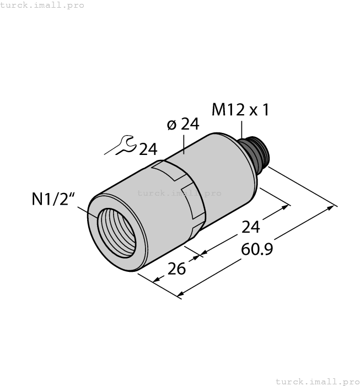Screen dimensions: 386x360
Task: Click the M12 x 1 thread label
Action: tap(240, 110)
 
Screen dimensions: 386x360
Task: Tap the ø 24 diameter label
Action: tap(182, 125)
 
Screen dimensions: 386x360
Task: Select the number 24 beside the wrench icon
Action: tap(147, 149)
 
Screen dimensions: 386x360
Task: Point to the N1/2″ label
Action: tap(53, 199)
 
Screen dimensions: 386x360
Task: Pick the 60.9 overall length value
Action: tap(258, 250)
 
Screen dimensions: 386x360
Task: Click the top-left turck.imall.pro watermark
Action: tap(42, 5)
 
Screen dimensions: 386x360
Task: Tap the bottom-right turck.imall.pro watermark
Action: tap(316, 381)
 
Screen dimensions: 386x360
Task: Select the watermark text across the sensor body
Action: tap(179, 193)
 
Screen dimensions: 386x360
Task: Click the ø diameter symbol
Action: tap(171, 125)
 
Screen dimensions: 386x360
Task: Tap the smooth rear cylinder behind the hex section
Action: tap(226, 171)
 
